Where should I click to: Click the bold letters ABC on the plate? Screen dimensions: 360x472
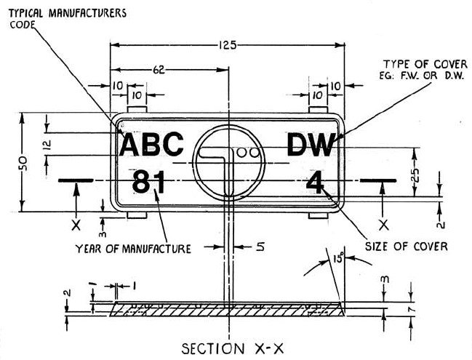151,145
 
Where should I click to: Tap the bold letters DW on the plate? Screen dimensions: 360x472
311,145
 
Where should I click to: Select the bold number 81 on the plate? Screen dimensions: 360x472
150,182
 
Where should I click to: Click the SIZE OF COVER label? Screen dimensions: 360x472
406,246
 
